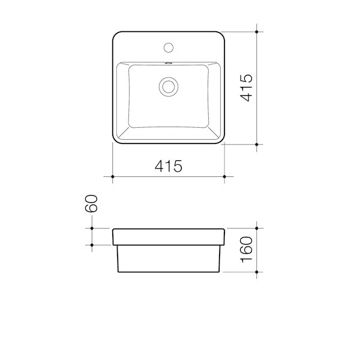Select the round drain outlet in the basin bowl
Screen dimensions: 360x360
[x=169, y=86]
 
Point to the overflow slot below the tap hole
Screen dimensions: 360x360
[x=169, y=62]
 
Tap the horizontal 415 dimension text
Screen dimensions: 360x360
[x=169, y=167]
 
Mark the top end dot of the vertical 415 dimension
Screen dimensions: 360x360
[x=257, y=31]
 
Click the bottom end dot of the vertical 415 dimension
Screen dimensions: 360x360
[x=257, y=145]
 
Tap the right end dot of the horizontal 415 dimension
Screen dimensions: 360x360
[x=224, y=176]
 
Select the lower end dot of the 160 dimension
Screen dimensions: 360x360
[x=257, y=272]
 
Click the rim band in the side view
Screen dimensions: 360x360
[x=169, y=236]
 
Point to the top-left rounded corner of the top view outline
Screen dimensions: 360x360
[x=116, y=34]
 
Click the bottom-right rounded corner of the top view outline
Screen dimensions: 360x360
[x=221, y=141]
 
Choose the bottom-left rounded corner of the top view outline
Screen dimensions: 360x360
[x=116, y=141]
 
